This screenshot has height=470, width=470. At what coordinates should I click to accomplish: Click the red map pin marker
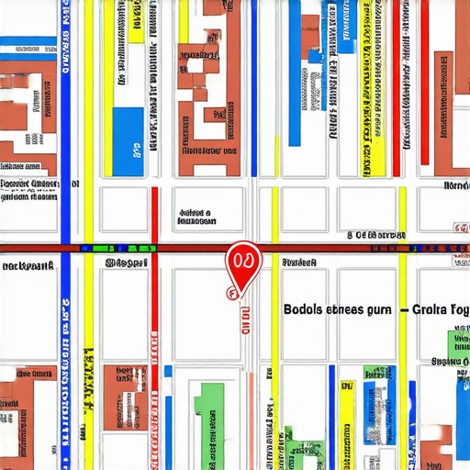click(x=243, y=263)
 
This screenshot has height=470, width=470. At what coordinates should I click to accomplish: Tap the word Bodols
click(x=302, y=309)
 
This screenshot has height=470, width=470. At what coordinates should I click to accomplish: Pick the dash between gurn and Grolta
click(x=403, y=310)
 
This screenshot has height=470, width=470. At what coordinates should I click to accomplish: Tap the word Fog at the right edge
click(x=460, y=309)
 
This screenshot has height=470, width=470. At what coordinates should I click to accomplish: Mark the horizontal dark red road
click(x=184, y=249)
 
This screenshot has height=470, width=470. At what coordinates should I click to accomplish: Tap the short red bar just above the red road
click(x=154, y=216)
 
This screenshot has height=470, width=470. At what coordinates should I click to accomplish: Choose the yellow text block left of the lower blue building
click(x=346, y=422)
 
